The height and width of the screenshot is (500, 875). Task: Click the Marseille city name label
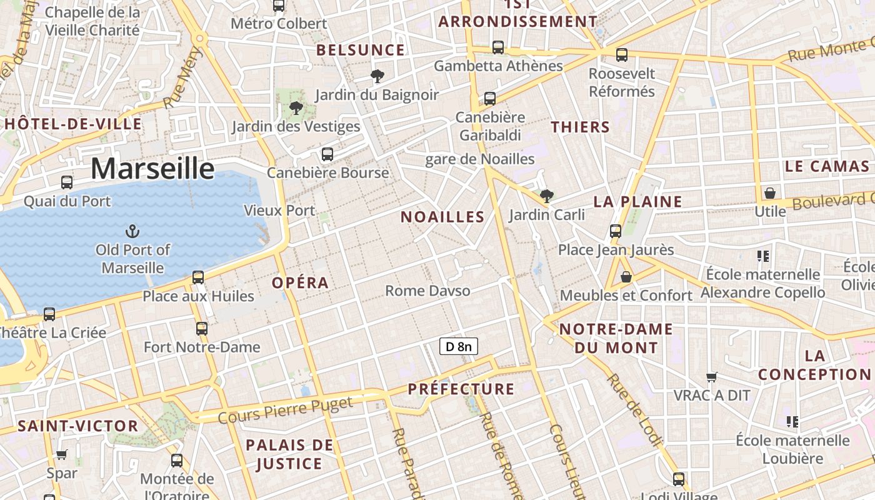(152, 169)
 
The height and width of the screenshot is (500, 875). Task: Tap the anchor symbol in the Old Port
(132, 232)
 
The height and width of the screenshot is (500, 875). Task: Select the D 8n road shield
(459, 346)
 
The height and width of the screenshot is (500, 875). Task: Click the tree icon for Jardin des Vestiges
(296, 109)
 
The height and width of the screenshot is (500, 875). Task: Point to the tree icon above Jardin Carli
(547, 196)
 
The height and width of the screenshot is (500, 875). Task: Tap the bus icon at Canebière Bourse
(327, 154)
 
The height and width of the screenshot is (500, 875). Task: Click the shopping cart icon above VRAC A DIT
(711, 377)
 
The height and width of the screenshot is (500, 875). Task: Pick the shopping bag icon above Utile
(770, 193)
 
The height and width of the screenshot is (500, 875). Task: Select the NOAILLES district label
(442, 217)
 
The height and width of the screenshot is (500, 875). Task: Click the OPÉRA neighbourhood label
(300, 282)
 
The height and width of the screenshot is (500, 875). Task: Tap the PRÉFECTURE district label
(461, 389)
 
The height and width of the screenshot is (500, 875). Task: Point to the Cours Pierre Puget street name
(286, 410)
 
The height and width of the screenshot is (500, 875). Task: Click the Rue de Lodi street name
(634, 410)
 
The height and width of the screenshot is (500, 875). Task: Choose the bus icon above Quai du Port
(67, 182)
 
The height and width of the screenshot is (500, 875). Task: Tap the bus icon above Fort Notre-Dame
(201, 328)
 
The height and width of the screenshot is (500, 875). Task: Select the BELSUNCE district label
(361, 50)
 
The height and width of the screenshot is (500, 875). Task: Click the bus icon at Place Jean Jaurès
(616, 231)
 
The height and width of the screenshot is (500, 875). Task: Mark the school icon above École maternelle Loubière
(792, 422)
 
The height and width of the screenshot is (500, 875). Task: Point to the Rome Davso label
(427, 291)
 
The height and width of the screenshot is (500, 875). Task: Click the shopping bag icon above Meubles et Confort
(626, 277)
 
